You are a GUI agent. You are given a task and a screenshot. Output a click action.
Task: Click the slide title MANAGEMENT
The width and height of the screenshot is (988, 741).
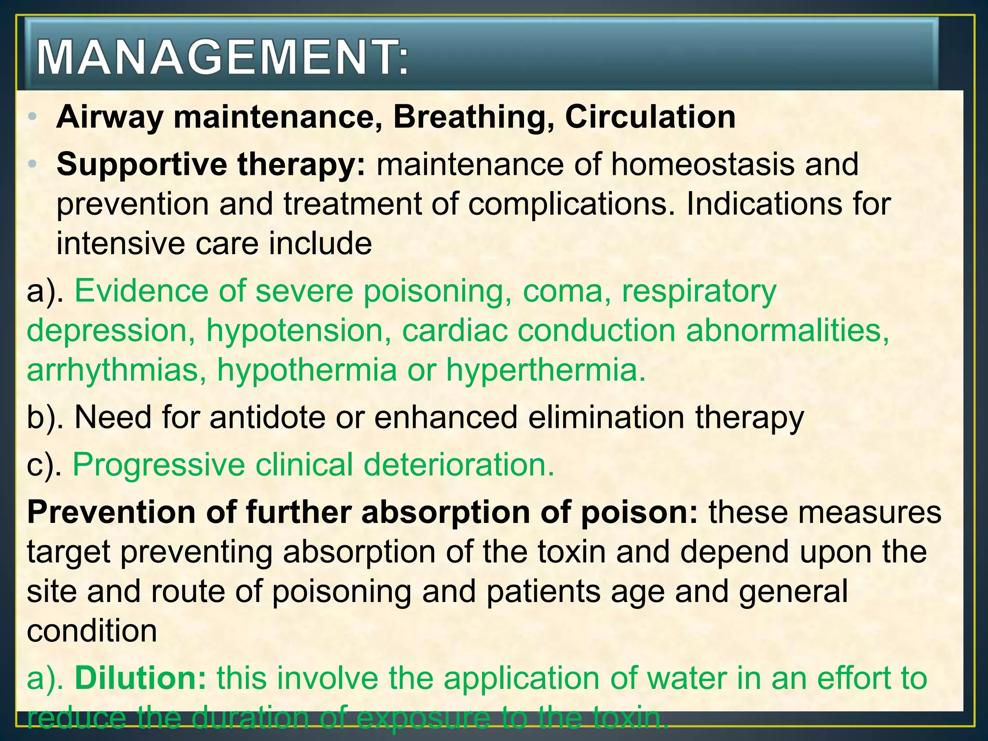(222, 58)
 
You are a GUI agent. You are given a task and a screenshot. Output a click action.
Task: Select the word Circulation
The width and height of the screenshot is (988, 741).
(650, 117)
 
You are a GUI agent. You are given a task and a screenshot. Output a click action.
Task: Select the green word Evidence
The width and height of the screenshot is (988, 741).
(160, 291)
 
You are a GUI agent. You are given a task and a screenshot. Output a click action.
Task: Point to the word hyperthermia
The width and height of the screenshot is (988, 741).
(545, 370)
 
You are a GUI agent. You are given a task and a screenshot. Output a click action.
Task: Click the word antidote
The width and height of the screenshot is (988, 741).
(268, 418)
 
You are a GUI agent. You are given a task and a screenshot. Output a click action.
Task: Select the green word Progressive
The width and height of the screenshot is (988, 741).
(159, 465)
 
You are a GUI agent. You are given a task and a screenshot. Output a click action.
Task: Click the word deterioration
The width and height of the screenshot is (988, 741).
(459, 465)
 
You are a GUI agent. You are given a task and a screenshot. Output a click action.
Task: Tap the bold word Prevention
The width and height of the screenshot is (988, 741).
(110, 512)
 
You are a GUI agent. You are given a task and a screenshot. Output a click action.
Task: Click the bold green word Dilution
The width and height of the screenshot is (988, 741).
(140, 678)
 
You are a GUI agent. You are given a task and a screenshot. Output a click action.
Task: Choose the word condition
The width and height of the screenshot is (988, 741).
(92, 631)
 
